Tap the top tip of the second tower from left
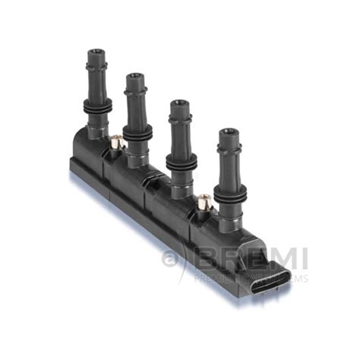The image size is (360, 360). pyautogui.click(x=135, y=77)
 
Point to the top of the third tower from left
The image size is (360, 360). pyautogui.click(x=179, y=103)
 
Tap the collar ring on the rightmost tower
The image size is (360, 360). pyautogui.click(x=229, y=192)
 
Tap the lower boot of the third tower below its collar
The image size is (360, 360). pyautogui.click(x=181, y=182)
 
